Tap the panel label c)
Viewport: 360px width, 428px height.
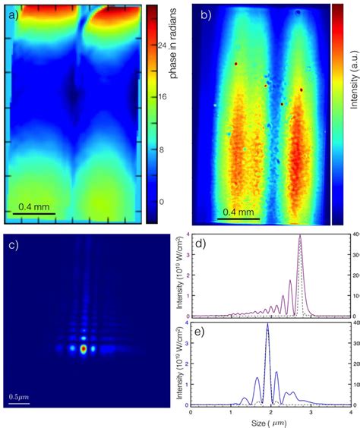tap(14, 244)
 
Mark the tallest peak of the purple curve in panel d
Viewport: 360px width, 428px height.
tap(300, 236)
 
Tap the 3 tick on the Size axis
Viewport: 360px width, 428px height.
tap(309, 412)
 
